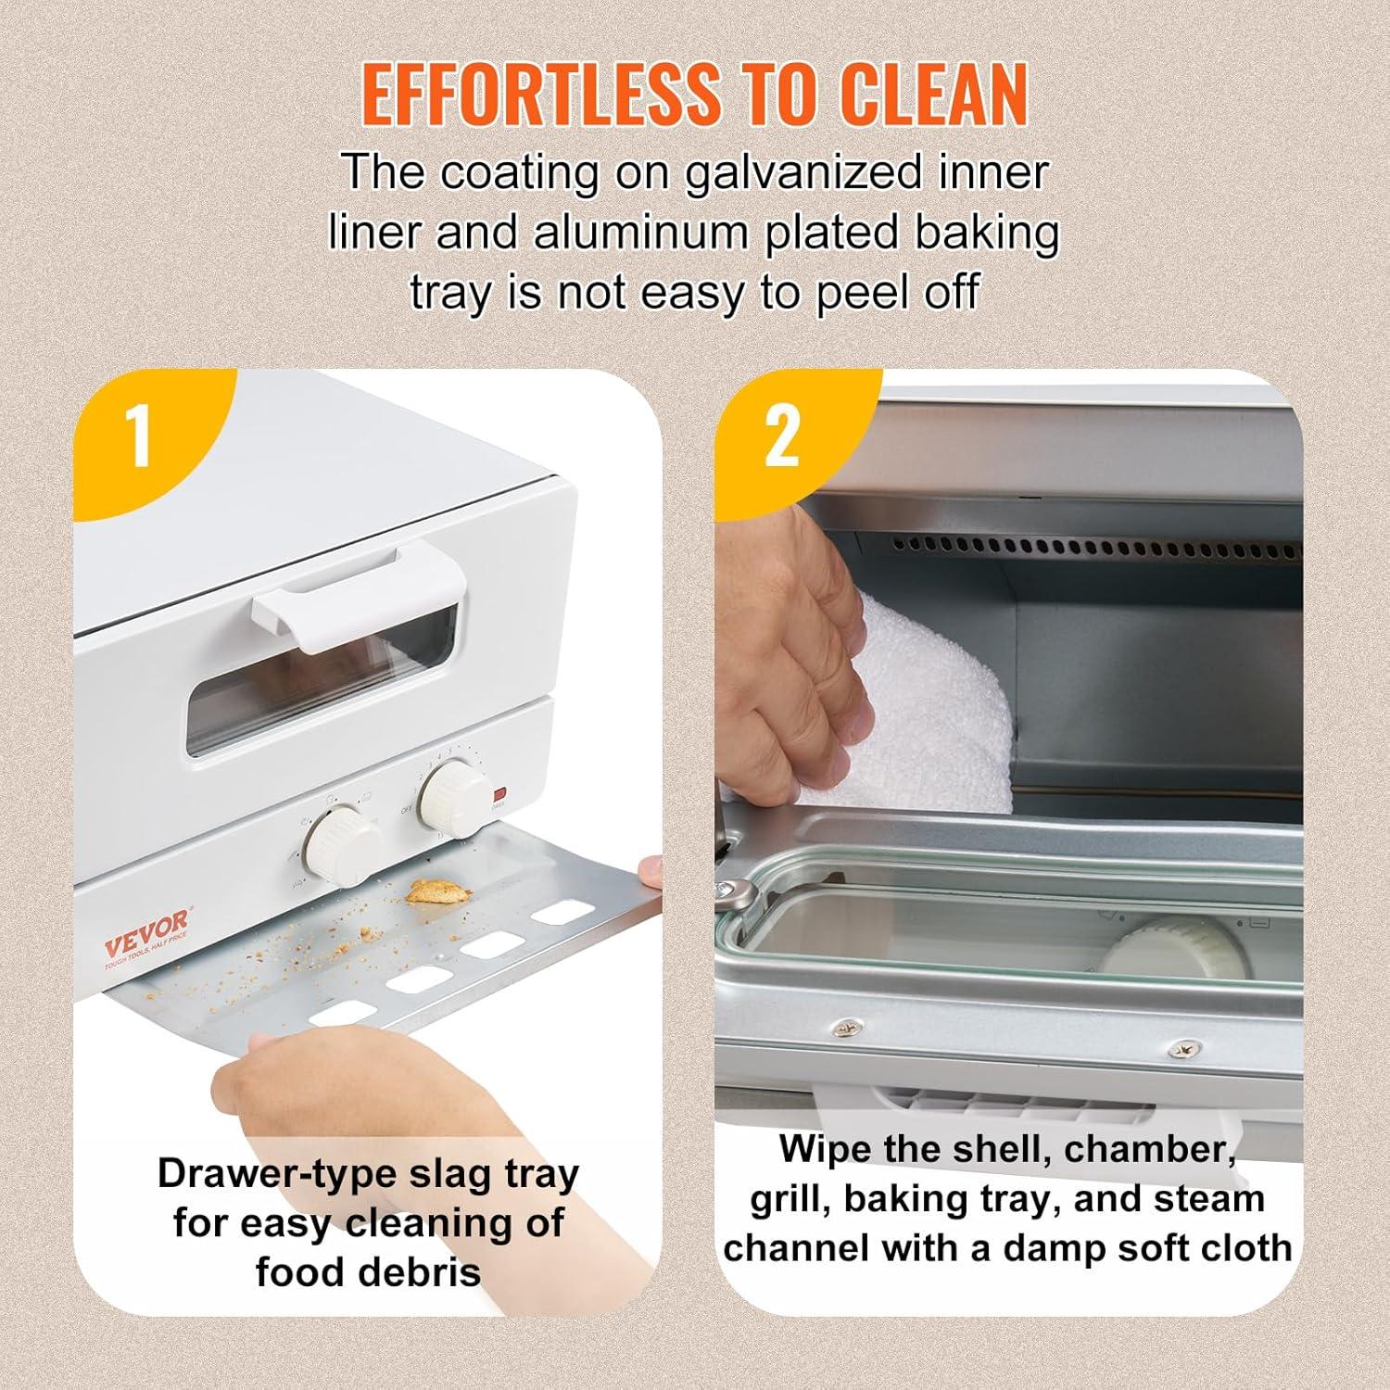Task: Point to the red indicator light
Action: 500,794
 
